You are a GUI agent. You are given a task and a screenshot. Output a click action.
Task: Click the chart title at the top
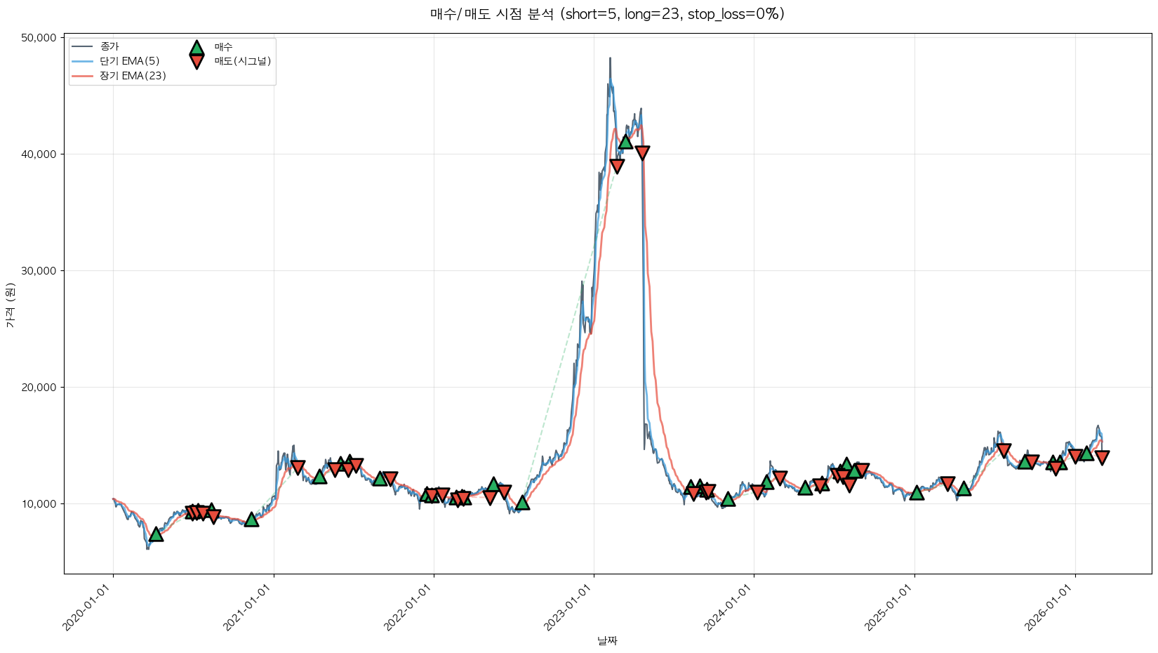(x=607, y=14)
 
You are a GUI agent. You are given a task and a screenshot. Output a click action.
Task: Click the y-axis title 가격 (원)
(x=10, y=305)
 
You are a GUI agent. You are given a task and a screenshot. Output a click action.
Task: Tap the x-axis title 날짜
(x=607, y=640)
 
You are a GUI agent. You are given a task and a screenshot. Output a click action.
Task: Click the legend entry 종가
(x=110, y=46)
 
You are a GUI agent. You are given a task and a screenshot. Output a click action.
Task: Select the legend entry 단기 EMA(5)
(x=130, y=61)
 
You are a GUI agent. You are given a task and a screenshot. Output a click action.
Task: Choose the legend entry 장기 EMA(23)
(x=133, y=76)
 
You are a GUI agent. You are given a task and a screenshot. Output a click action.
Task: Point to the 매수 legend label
(x=223, y=47)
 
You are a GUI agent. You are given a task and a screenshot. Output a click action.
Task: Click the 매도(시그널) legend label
(x=243, y=61)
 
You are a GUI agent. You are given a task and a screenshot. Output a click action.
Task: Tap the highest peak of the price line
(x=610, y=58)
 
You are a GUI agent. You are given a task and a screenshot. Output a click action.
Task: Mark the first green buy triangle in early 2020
(x=156, y=534)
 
